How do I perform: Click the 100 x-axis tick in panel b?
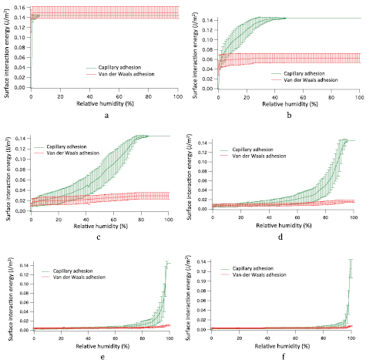click(360, 93)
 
